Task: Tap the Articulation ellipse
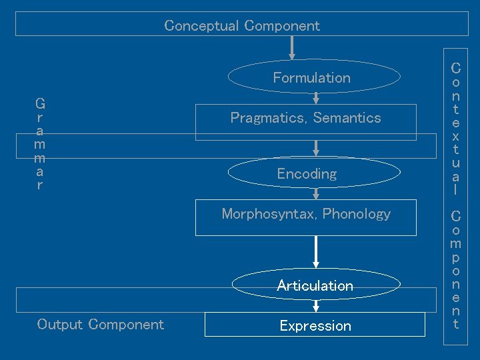click(315, 285)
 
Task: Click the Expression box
click(315, 325)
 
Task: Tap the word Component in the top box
click(282, 26)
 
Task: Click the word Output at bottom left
click(60, 325)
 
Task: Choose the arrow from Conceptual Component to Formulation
click(292, 48)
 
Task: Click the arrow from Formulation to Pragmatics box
click(316, 97)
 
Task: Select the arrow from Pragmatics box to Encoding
click(316, 148)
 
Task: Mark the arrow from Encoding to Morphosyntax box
click(316, 193)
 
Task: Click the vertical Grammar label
click(40, 144)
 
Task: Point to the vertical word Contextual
click(455, 128)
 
